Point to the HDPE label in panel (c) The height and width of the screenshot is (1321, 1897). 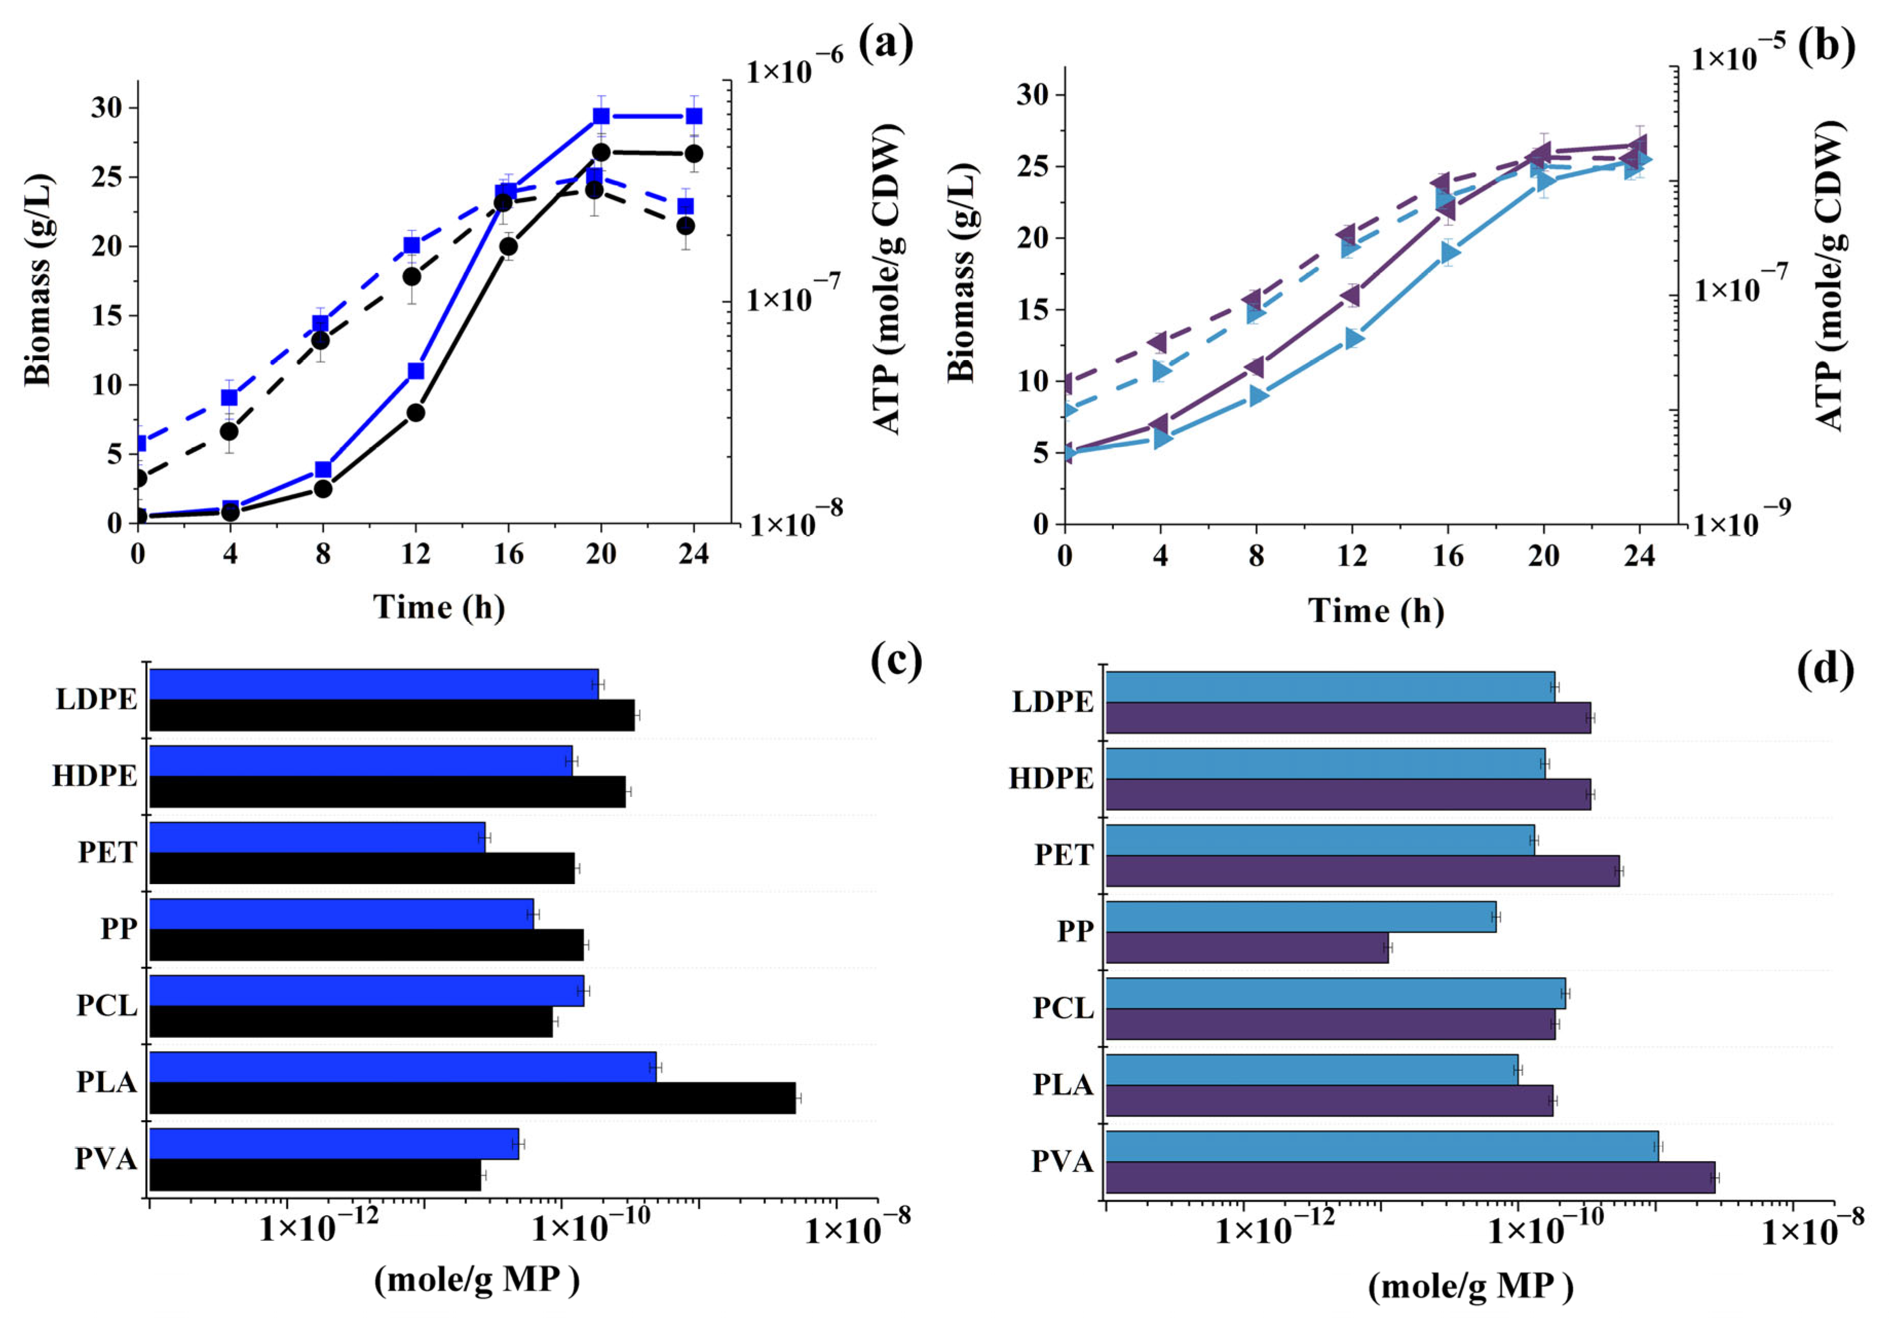click(x=95, y=776)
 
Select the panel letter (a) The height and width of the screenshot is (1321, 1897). click(x=886, y=44)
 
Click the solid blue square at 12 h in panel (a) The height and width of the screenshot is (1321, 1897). click(x=416, y=371)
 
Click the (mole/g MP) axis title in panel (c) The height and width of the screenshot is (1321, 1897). click(x=477, y=1280)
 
